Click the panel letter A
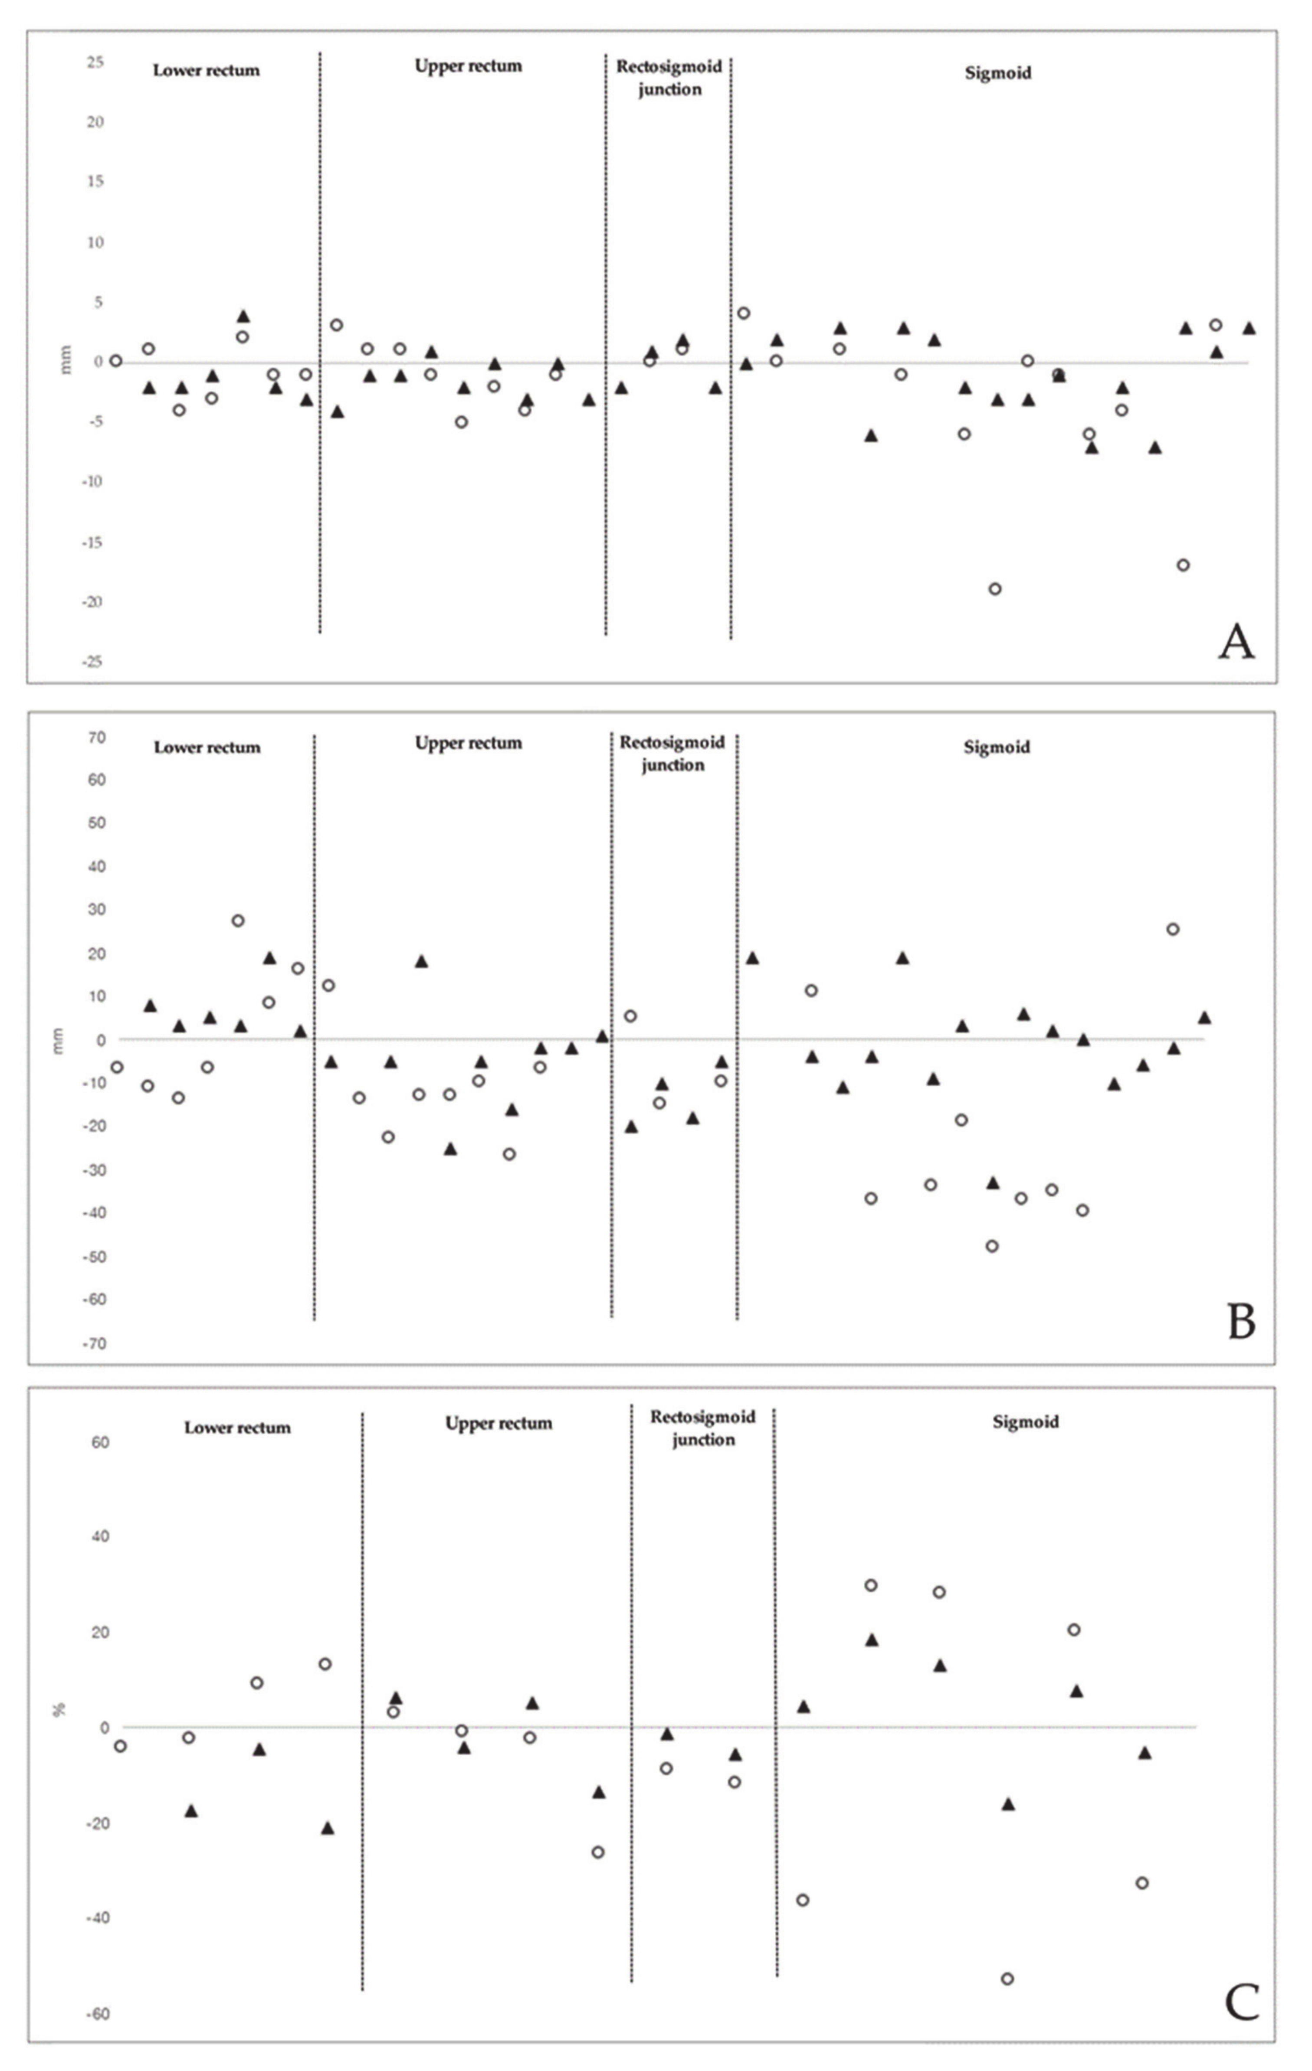(1237, 643)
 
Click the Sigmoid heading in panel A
(997, 73)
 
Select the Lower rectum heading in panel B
(207, 748)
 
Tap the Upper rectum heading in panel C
(498, 1424)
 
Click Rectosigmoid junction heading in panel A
(669, 78)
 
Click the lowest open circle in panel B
(992, 1246)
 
